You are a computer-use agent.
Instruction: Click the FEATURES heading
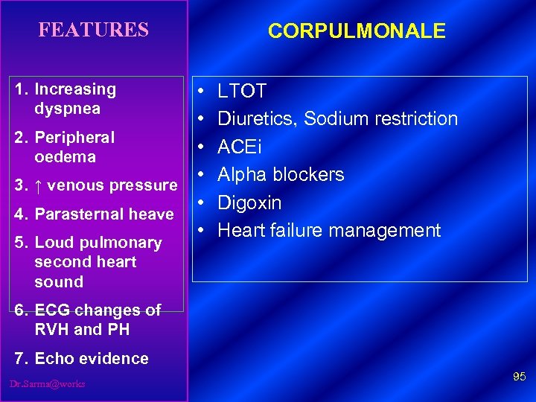coord(94,30)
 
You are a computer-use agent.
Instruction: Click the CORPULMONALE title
coord(357,31)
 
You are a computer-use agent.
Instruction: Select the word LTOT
coord(242,91)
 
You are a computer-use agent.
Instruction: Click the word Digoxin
coord(249,202)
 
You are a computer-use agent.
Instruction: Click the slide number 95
coord(519,378)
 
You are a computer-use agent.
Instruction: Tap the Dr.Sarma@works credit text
coord(48,383)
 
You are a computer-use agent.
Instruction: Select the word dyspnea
coord(67,109)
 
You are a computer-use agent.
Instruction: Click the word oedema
coord(65,157)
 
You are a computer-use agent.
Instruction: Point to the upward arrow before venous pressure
coord(39,185)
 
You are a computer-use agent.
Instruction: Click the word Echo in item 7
coord(51,359)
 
